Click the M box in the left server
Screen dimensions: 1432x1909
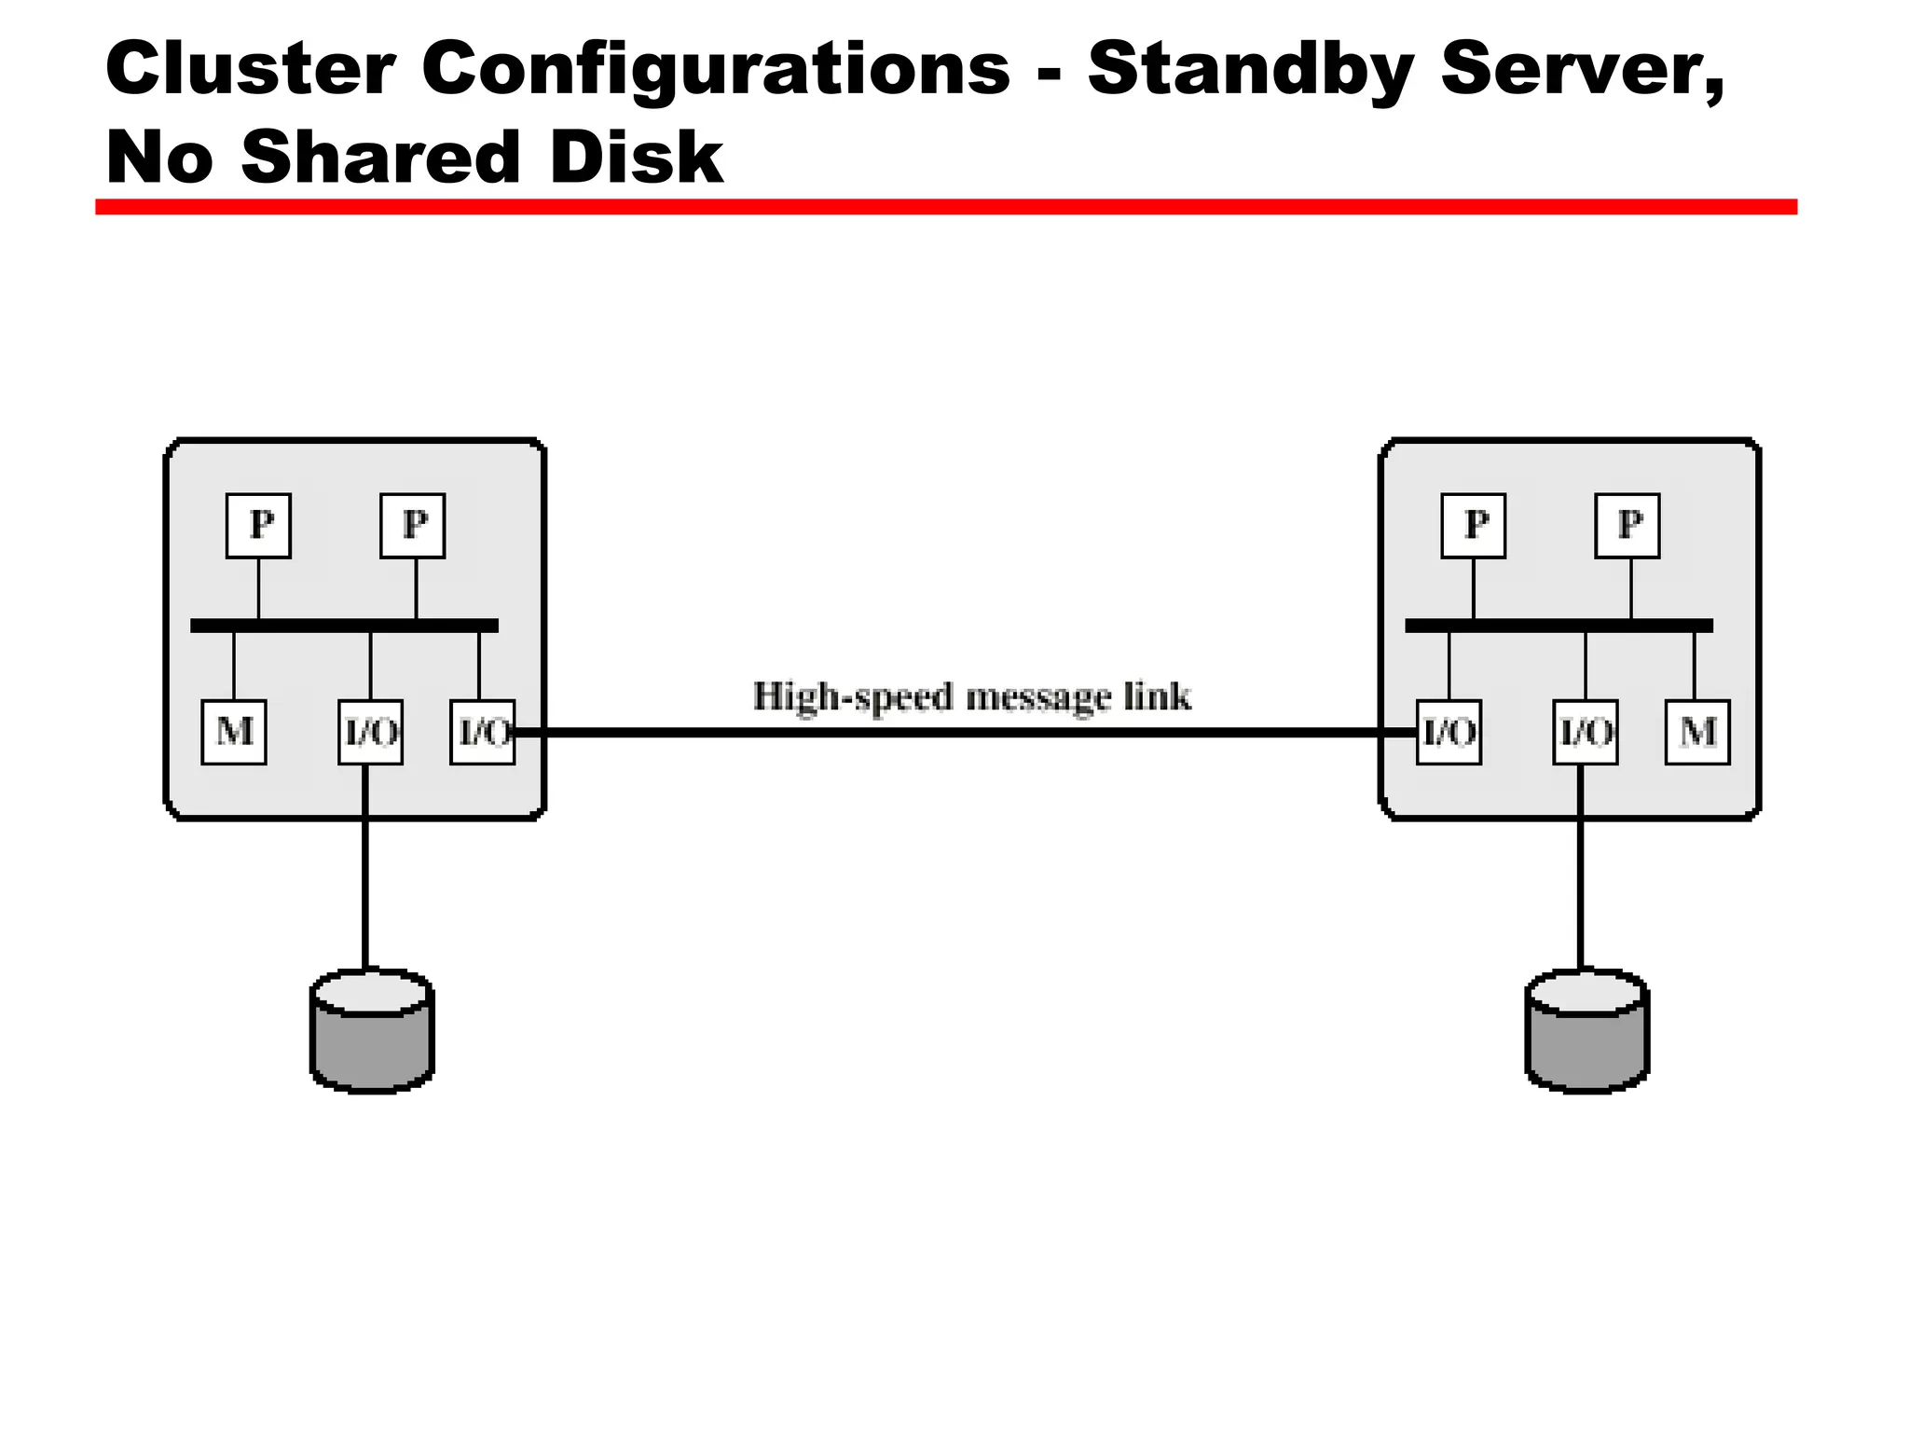click(x=234, y=732)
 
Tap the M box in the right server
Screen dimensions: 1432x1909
click(x=1697, y=732)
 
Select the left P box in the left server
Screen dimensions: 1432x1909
click(x=258, y=526)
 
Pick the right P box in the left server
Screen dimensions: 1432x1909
click(x=413, y=526)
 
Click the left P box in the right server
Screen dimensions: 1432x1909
click(x=1473, y=526)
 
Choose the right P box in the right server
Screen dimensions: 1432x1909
click(x=1627, y=526)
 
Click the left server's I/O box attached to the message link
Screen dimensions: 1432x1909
click(x=482, y=732)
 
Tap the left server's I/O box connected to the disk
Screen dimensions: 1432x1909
click(x=370, y=732)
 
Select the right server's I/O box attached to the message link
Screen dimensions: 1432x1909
click(x=1449, y=732)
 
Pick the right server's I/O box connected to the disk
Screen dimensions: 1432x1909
click(x=1585, y=732)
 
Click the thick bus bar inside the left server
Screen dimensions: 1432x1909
click(x=344, y=626)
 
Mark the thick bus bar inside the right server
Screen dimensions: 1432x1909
click(x=1559, y=626)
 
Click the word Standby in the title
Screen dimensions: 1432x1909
click(x=1251, y=70)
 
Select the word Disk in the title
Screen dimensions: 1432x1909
click(x=636, y=157)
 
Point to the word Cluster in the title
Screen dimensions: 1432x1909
click(x=250, y=70)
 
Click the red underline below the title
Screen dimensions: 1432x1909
click(x=945, y=207)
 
